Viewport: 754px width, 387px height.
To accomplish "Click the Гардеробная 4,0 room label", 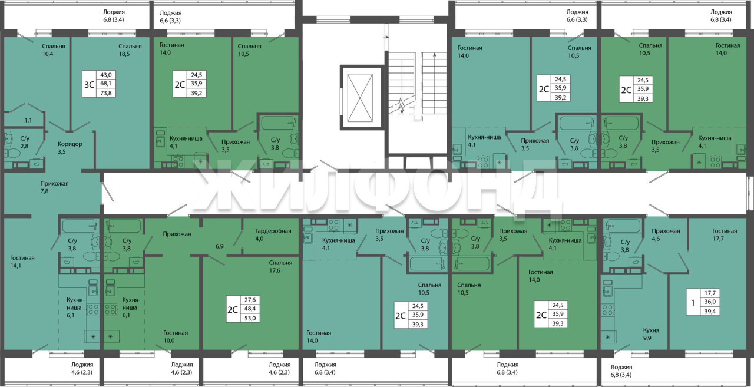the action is (x=273, y=235).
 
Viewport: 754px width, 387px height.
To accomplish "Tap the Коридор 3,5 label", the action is (x=70, y=148).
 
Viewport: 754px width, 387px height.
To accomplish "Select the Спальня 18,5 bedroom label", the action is (x=130, y=50).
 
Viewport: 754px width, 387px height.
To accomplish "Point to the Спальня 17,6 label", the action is (x=280, y=266).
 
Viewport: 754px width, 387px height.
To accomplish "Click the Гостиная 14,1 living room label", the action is (x=22, y=262).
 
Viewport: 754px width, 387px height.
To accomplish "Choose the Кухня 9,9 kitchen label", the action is (x=651, y=334).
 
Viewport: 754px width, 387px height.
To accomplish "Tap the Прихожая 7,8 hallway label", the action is (x=54, y=187).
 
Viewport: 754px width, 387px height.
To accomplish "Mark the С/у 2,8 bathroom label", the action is (x=25, y=143).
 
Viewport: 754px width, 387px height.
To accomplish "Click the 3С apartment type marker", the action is (x=89, y=84).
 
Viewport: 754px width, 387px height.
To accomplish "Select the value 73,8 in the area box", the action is (x=106, y=93).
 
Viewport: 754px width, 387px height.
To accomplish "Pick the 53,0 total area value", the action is (x=250, y=318).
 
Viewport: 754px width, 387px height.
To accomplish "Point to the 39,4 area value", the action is (x=710, y=311).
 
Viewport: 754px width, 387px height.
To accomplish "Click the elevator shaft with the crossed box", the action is (x=360, y=98).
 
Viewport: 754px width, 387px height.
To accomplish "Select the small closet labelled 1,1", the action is (x=28, y=120).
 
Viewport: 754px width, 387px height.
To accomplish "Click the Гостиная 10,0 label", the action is (x=176, y=336).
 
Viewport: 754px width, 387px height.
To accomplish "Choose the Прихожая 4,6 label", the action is (x=666, y=235).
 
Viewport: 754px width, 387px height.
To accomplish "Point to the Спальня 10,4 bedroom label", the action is (x=53, y=50).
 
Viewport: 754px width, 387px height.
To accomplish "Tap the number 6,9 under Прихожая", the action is (x=220, y=246).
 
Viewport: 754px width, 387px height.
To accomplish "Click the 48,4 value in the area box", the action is (x=250, y=309).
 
